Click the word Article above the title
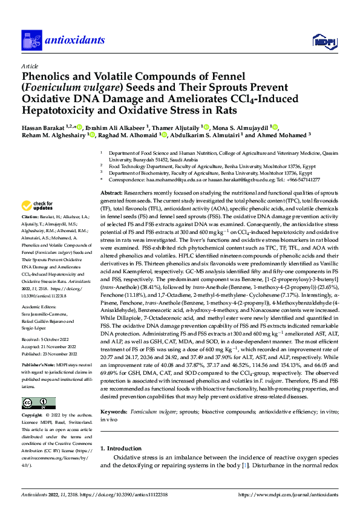[x=29, y=65]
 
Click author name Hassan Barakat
[x=44, y=127]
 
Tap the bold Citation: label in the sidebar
[x=30, y=216]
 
